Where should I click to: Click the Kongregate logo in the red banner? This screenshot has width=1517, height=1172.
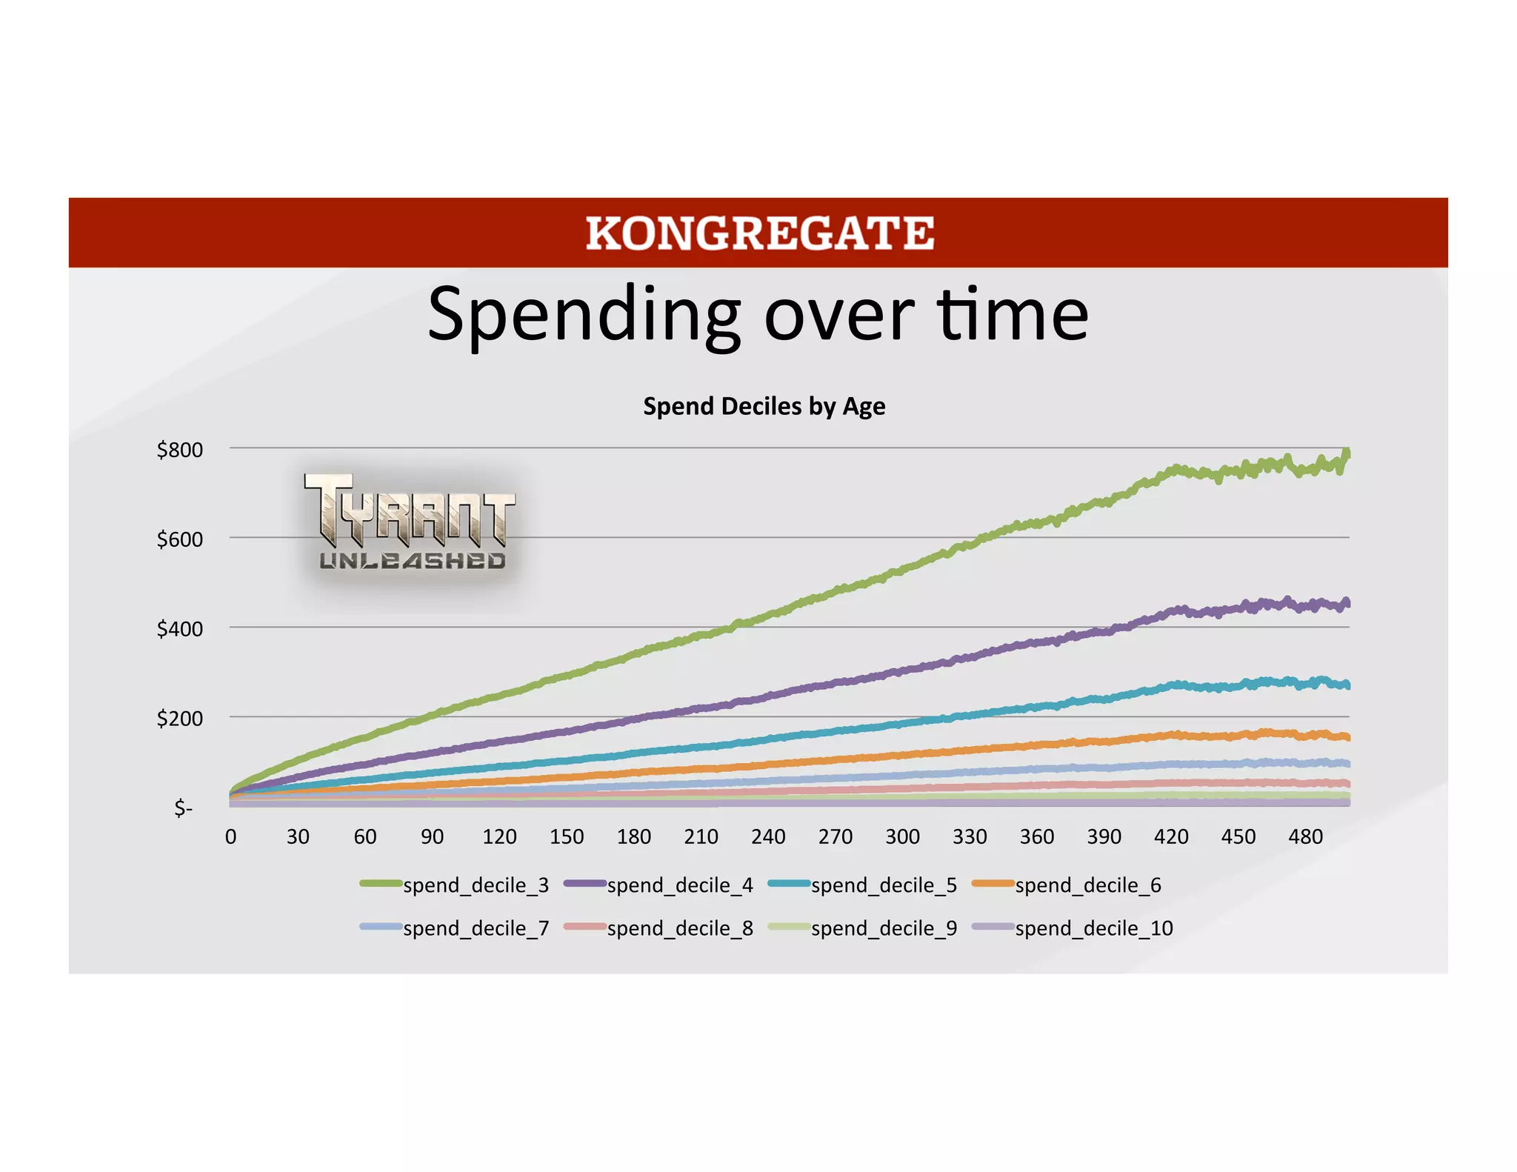pyautogui.click(x=759, y=233)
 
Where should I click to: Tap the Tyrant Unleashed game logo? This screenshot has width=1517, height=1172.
pyautogui.click(x=410, y=523)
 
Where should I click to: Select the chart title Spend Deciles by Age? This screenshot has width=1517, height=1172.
pyautogui.click(x=764, y=406)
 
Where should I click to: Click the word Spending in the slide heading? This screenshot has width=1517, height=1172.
pyautogui.click(x=584, y=315)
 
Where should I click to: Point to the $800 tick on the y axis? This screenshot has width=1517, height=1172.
pyautogui.click(x=179, y=450)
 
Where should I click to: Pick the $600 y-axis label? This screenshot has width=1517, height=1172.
pyautogui.click(x=179, y=539)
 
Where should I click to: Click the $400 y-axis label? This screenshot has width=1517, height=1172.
pyautogui.click(x=179, y=629)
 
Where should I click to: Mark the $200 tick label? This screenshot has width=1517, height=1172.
pyautogui.click(x=179, y=719)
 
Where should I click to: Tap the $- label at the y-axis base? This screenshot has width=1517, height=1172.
pyautogui.click(x=183, y=808)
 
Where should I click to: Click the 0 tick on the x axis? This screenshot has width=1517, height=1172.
pyautogui.click(x=231, y=836)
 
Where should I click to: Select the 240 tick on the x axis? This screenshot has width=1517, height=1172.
pyautogui.click(x=768, y=836)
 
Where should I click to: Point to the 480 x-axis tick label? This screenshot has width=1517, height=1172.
pyautogui.click(x=1305, y=836)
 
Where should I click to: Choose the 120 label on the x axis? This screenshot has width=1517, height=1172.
pyautogui.click(x=499, y=836)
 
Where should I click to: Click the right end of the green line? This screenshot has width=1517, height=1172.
pyautogui.click(x=1347, y=453)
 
